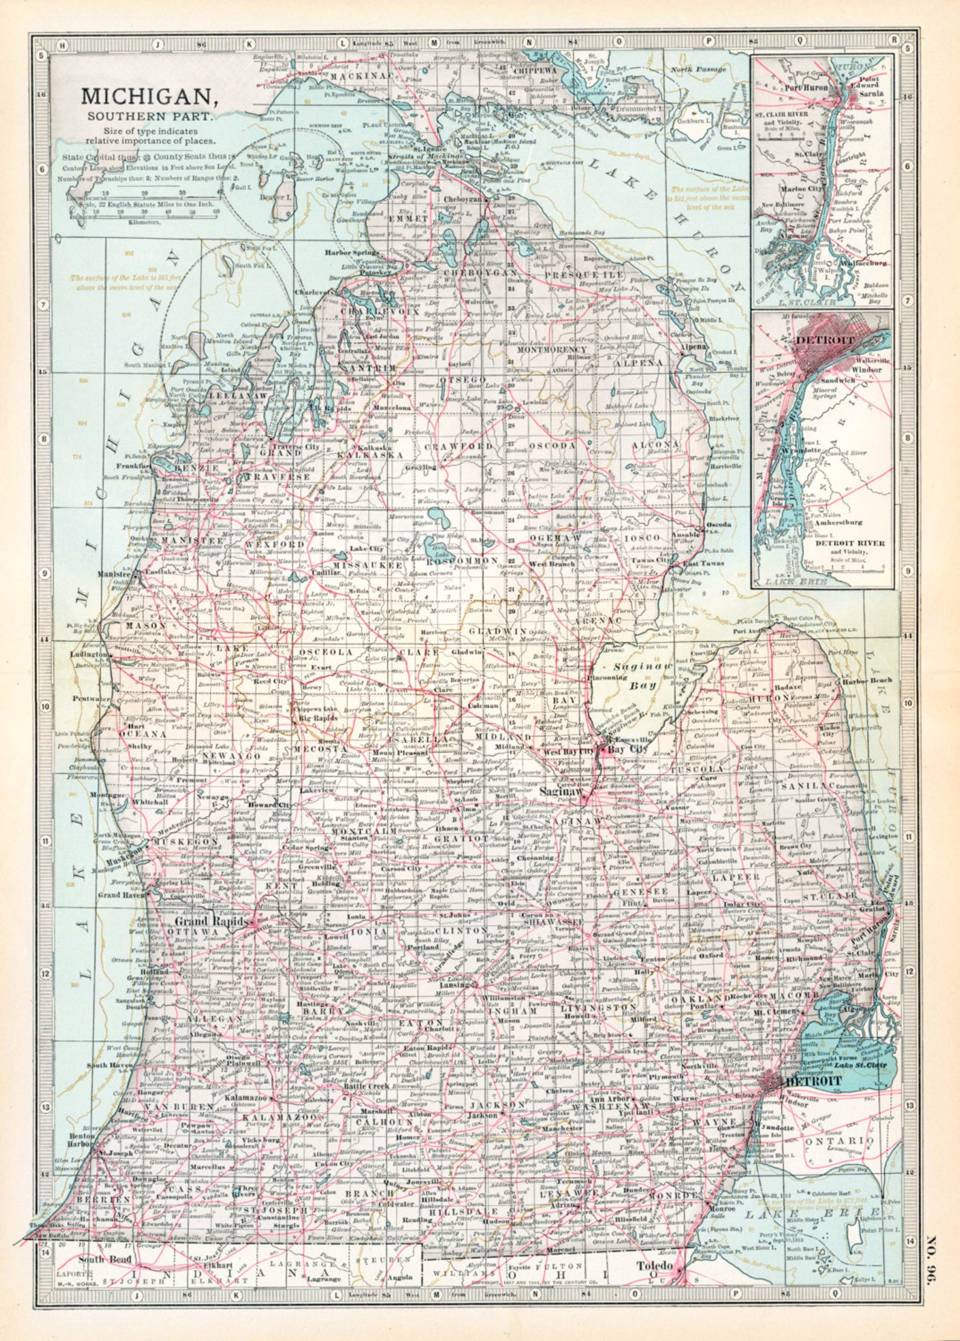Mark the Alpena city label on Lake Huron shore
[x=692, y=347]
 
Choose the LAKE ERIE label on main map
[x=810, y=1213]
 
